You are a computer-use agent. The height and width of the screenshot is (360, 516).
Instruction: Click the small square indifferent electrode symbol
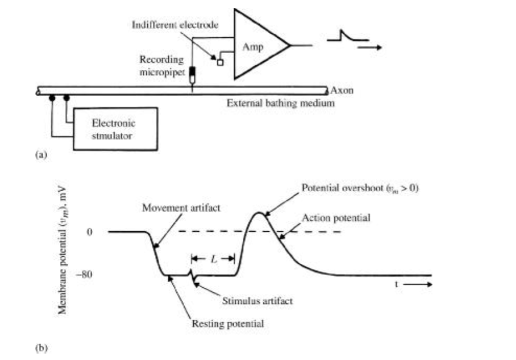(220, 62)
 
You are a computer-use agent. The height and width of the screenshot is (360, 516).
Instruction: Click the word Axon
(342, 91)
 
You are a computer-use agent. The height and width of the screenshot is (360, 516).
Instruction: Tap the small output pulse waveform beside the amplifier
(347, 37)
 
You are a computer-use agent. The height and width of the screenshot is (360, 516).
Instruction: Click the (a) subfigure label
(41, 155)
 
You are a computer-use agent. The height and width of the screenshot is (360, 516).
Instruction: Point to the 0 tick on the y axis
(90, 232)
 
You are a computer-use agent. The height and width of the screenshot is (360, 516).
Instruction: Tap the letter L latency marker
(213, 257)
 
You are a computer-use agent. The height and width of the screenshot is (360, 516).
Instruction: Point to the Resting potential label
(228, 323)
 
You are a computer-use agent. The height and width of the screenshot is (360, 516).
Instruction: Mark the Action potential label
(340, 217)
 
